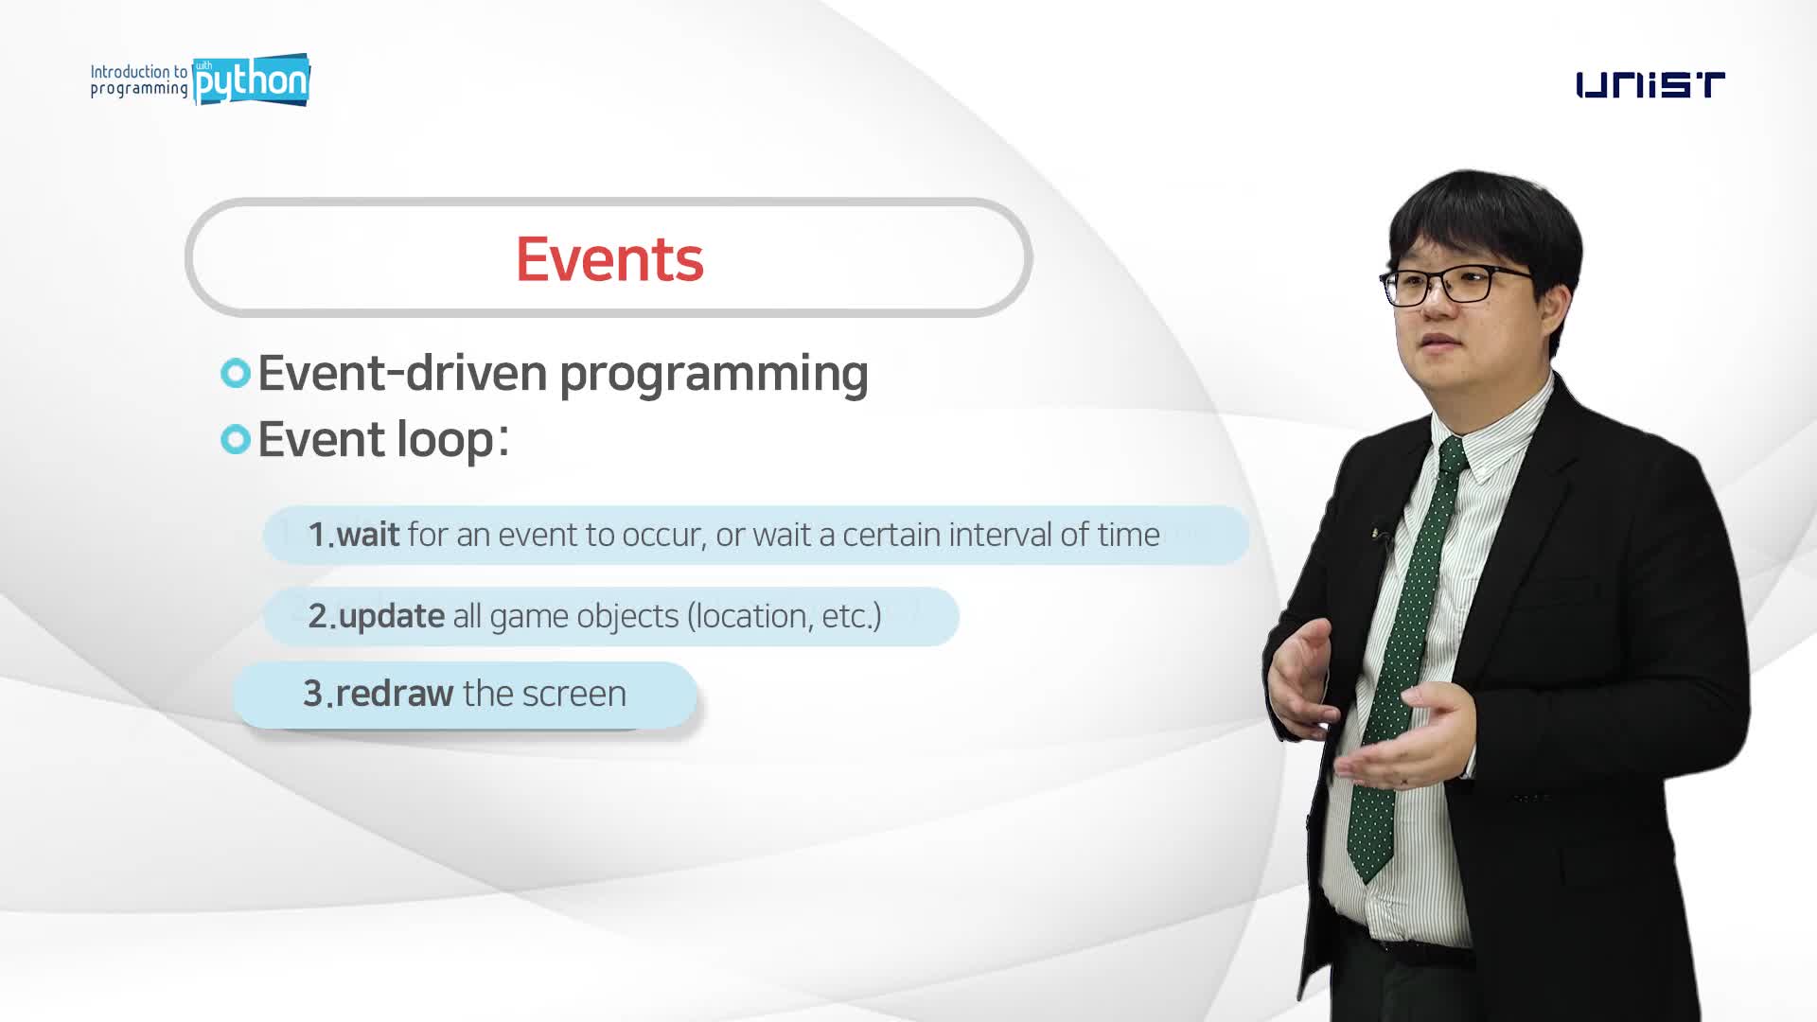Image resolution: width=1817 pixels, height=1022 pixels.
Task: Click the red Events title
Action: click(609, 258)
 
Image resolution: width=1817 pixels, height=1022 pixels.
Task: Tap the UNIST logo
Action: click(1650, 85)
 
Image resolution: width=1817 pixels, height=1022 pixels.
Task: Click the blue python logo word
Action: click(251, 80)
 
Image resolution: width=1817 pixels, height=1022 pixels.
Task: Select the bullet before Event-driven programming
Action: click(236, 373)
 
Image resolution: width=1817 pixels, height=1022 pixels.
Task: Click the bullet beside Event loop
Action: click(236, 439)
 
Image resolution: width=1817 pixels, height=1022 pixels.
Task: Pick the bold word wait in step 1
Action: click(368, 535)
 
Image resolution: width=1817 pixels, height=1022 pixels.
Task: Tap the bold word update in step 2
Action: click(392, 617)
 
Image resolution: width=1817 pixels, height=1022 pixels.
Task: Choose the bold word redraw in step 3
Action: click(395, 694)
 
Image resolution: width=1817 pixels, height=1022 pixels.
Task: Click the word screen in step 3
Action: click(573, 695)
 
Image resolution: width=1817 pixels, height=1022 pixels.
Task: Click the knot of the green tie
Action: click(1451, 455)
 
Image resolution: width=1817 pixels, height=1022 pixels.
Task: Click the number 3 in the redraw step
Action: click(313, 694)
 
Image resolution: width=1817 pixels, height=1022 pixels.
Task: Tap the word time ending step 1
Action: click(1129, 535)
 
